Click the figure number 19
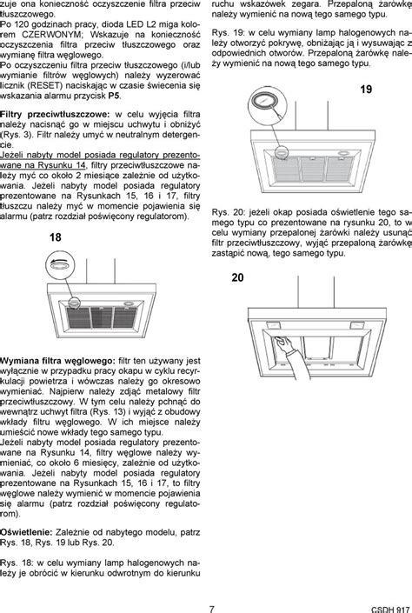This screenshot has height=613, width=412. (x=366, y=90)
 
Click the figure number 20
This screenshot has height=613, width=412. (x=238, y=277)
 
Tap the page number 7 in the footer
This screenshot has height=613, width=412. (x=211, y=605)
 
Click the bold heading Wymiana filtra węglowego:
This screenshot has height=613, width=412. (x=57, y=360)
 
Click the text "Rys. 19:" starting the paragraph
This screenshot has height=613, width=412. (x=230, y=31)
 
